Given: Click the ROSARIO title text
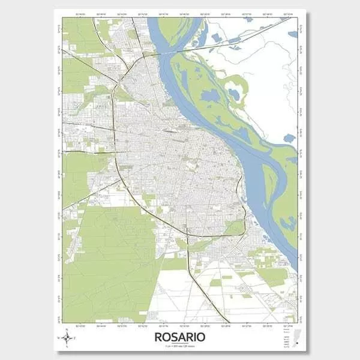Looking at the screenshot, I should pyautogui.click(x=179, y=337).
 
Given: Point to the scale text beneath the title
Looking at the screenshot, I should pyautogui.click(x=179, y=346).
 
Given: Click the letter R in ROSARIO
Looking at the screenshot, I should pyautogui.click(x=158, y=337).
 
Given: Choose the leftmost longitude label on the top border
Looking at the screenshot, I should pyautogui.click(x=82, y=14).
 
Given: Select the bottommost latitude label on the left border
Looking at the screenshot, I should pyautogui.click(x=59, y=319).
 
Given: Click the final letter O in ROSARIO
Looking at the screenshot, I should pyautogui.click(x=201, y=337).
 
